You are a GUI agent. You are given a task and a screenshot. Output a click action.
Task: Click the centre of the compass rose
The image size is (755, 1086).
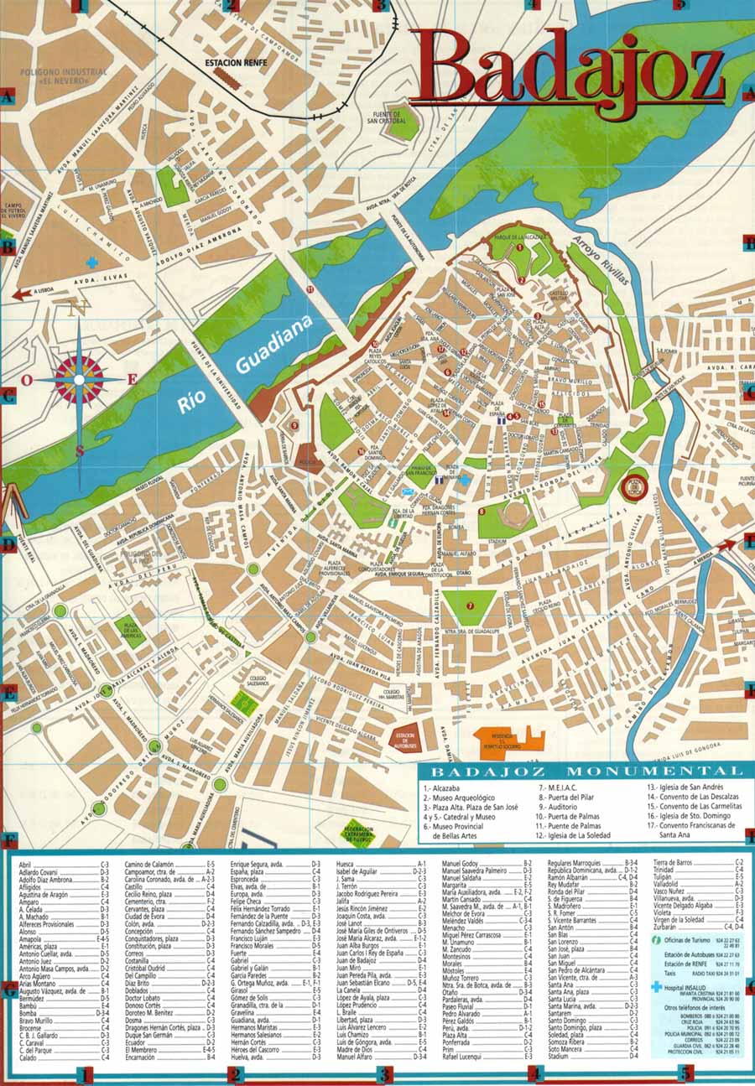[x=79, y=380]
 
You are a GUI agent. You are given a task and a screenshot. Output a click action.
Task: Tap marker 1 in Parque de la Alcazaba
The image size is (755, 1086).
[x=519, y=248]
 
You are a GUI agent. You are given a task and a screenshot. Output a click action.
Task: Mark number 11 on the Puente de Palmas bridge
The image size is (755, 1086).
[x=310, y=289]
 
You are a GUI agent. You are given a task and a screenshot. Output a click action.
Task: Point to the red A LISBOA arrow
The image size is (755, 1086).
[x=34, y=294]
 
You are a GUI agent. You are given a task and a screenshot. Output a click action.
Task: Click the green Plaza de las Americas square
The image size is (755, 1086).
[x=130, y=629]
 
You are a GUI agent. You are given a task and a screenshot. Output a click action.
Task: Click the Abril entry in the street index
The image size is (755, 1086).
[x=25, y=864]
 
